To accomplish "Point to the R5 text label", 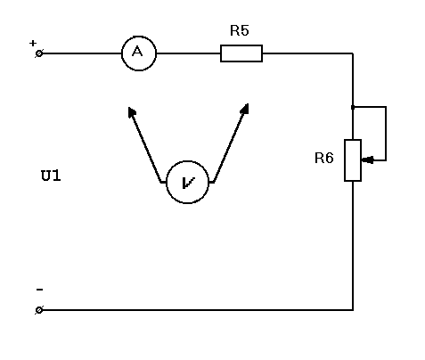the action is [240, 30].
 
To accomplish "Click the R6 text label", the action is [324, 158].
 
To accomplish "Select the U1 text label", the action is [51, 176].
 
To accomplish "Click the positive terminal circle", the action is [39, 53].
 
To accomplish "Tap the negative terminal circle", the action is [39, 310].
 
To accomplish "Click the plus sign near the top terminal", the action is [33, 43].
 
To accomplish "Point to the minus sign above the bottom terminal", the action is [39, 290].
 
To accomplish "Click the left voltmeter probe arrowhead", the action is [132, 112].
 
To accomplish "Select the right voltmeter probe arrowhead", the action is [245, 109].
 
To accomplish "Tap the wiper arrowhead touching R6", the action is [367, 160].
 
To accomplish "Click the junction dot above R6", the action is [353, 107].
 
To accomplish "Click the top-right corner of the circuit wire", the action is [353, 53].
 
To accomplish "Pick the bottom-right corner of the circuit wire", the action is [353, 310].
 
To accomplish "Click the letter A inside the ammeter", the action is [137, 52].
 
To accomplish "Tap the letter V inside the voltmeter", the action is [188, 183].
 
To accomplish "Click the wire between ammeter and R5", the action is [188, 53].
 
